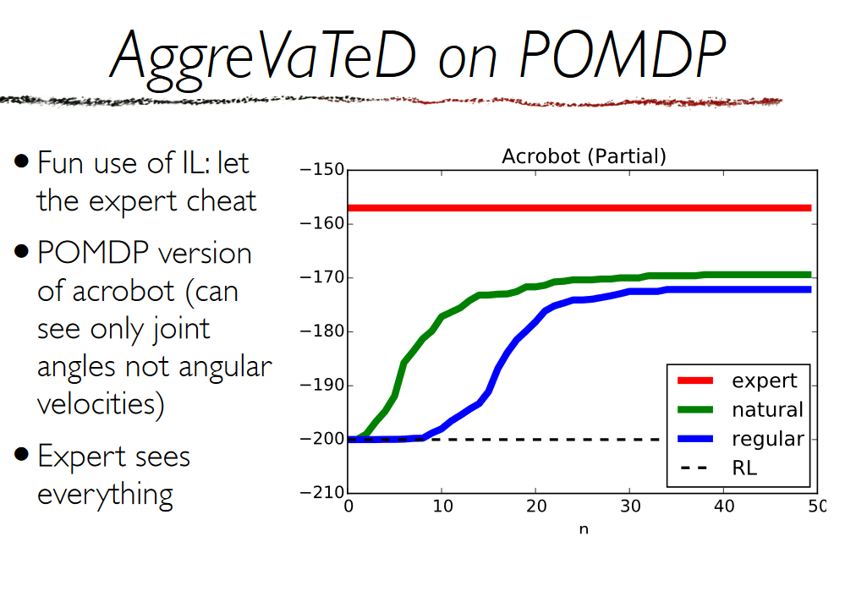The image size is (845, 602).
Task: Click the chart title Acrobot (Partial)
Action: [584, 156]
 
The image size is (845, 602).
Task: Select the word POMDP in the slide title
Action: [623, 54]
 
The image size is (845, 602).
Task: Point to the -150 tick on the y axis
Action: [322, 170]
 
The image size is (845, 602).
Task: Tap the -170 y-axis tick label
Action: [322, 277]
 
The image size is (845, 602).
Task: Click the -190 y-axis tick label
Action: [322, 385]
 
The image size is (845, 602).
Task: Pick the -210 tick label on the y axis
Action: [322, 492]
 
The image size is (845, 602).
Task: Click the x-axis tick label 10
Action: [442, 506]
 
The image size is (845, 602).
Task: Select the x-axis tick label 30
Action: [630, 506]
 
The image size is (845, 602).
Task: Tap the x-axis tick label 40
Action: [724, 506]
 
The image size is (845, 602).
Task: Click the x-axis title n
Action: [584, 529]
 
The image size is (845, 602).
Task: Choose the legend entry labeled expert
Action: [738, 380]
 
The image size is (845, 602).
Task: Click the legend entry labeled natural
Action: [740, 410]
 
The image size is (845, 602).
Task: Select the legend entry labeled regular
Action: [741, 439]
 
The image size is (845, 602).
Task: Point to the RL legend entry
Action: [718, 468]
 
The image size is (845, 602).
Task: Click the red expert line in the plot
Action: [579, 208]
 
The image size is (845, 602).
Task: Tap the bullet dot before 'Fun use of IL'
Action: [21, 161]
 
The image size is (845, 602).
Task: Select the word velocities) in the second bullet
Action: [101, 404]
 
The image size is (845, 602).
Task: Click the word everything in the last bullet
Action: [106, 495]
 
